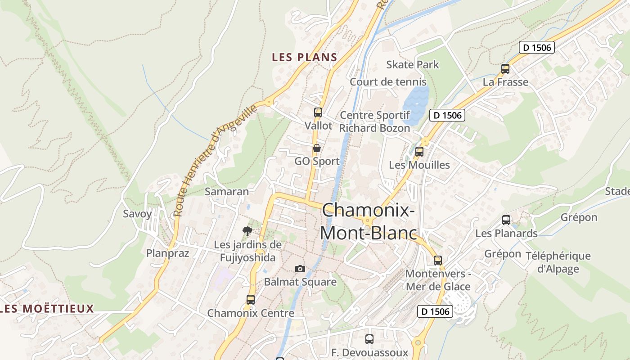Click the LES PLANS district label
pyautogui.click(x=305, y=57)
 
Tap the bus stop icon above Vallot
pyautogui.click(x=318, y=112)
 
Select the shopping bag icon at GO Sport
pyautogui.click(x=317, y=148)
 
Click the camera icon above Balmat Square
pyautogui.click(x=300, y=269)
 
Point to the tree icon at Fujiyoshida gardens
pyautogui.click(x=247, y=231)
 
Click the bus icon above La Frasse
pyautogui.click(x=505, y=69)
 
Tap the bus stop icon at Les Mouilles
pyautogui.click(x=419, y=152)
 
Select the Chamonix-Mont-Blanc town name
pyautogui.click(x=368, y=221)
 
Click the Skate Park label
pyautogui.click(x=413, y=65)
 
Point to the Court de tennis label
pyautogui.click(x=388, y=82)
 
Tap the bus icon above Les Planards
pyautogui.click(x=506, y=220)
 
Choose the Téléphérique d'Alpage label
pyautogui.click(x=558, y=262)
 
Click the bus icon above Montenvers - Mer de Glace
pyautogui.click(x=438, y=260)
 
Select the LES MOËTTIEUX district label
pyautogui.click(x=47, y=309)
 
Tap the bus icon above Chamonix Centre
pyautogui.click(x=251, y=299)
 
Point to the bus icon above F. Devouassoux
pyautogui.click(x=369, y=339)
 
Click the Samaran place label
pyautogui.click(x=227, y=192)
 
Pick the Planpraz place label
pyautogui.click(x=167, y=253)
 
